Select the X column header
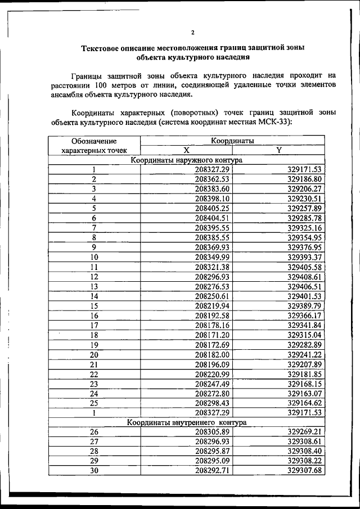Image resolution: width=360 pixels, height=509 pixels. pos(186,150)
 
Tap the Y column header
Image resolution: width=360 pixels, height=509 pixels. pos(279,150)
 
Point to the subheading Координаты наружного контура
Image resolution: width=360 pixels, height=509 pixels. pos(186,160)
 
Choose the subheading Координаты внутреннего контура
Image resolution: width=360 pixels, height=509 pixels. pos(186,422)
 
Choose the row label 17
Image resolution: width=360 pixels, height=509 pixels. pos(94,325)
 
